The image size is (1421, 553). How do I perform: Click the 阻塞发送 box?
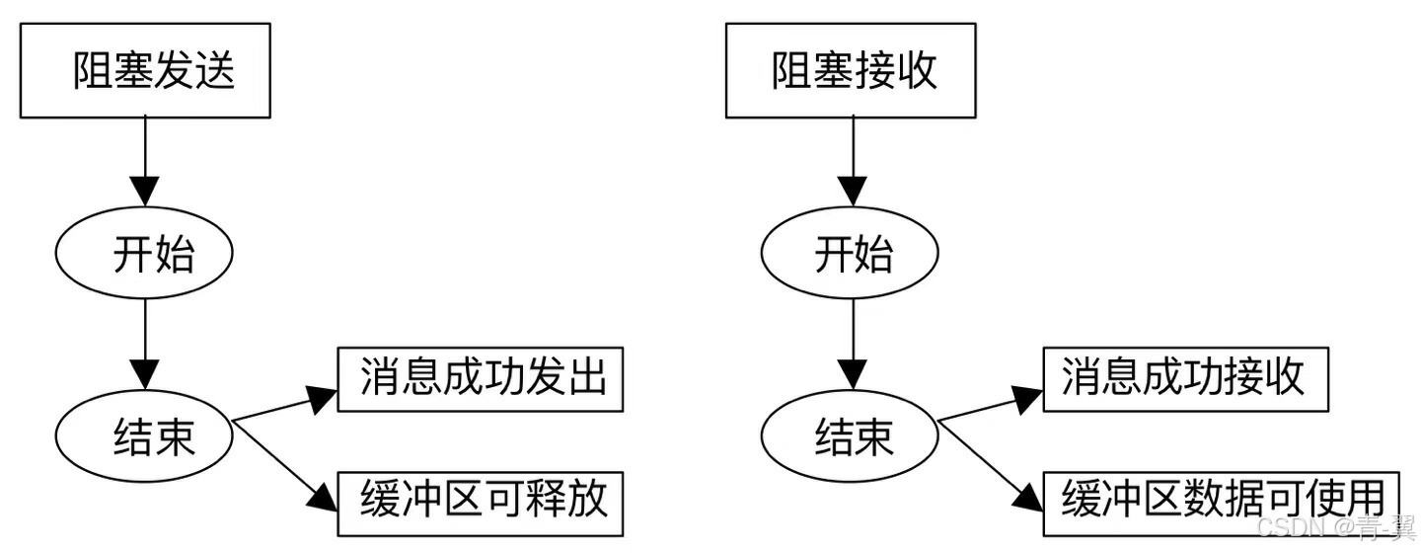(x=145, y=71)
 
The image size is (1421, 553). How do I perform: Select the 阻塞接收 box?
(x=851, y=71)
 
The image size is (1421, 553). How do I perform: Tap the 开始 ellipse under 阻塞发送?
(x=145, y=255)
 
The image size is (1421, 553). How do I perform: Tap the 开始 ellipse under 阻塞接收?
(x=851, y=255)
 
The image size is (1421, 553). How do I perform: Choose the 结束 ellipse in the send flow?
(x=145, y=436)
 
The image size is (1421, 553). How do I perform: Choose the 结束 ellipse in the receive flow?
(x=851, y=436)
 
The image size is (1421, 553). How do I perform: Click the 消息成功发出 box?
(x=481, y=379)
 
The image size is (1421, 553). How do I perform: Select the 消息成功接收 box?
(x=1183, y=379)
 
